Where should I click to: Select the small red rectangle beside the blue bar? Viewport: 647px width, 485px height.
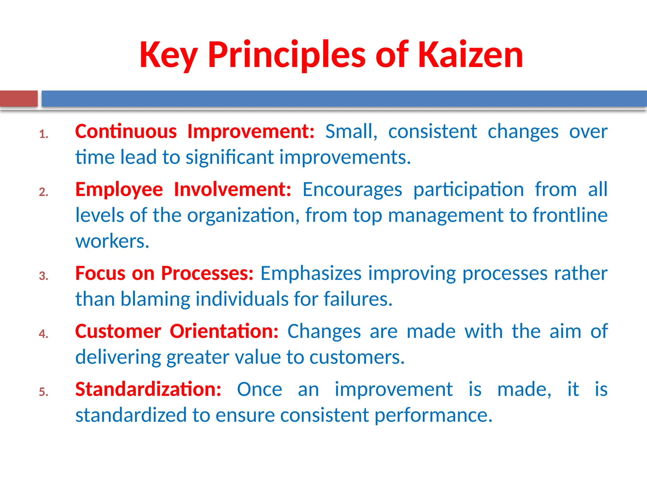pyautogui.click(x=19, y=99)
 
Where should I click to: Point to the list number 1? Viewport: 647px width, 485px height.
pyautogui.click(x=44, y=135)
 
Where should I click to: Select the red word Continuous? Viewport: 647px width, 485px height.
pyautogui.click(x=126, y=131)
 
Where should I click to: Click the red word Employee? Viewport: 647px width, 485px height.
pyautogui.click(x=119, y=189)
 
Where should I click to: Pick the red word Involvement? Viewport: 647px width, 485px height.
pyautogui.click(x=233, y=189)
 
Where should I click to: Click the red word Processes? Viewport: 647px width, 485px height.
pyautogui.click(x=207, y=273)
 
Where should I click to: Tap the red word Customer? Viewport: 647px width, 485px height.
pyautogui.click(x=118, y=331)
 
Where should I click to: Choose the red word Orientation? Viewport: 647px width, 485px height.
pyautogui.click(x=224, y=331)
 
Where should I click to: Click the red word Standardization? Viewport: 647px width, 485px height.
pyautogui.click(x=148, y=389)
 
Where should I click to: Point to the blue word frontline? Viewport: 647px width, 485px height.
pyautogui.click(x=570, y=215)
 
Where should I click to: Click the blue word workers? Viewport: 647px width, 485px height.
pyautogui.click(x=112, y=241)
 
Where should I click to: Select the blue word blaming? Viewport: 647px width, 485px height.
pyautogui.click(x=155, y=299)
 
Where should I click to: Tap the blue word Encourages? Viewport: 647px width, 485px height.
pyautogui.click(x=352, y=189)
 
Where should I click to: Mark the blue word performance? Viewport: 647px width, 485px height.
pyautogui.click(x=433, y=415)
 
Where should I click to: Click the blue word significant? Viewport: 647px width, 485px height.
pyautogui.click(x=230, y=157)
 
